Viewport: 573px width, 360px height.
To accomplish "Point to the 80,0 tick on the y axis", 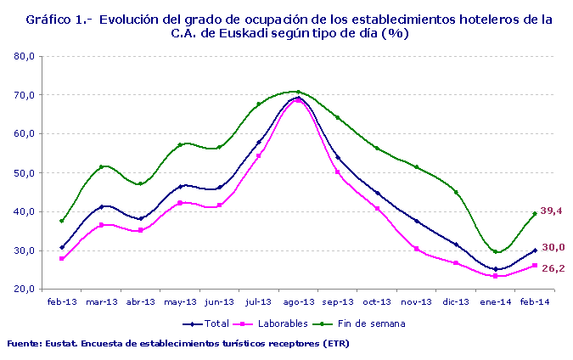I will (23, 56).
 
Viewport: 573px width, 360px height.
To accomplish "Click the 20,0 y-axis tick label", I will (23, 290).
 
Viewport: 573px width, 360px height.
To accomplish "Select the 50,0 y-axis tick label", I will (23, 173).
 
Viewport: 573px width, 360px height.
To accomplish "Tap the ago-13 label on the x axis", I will (298, 301).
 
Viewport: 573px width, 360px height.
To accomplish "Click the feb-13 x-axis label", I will (61, 301).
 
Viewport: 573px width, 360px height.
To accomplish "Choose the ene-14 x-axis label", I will (495, 301).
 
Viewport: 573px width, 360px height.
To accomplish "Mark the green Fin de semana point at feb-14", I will (535, 214).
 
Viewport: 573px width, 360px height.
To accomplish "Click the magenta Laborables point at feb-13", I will (62, 258).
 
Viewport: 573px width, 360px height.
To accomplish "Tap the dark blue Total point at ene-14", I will (496, 269).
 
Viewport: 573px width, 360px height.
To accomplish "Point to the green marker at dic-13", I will (456, 192).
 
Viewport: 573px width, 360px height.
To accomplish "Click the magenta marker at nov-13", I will (417, 248).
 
